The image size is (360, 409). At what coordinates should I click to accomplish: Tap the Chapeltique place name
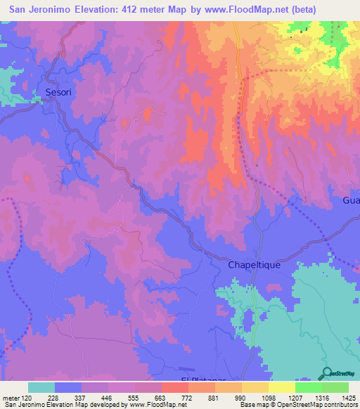click(254, 265)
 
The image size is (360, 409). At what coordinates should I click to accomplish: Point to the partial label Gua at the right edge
click(350, 201)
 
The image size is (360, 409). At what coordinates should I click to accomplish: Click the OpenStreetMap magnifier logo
click(326, 374)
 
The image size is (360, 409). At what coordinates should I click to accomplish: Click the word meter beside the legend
click(11, 397)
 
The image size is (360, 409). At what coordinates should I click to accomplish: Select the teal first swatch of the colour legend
click(41, 387)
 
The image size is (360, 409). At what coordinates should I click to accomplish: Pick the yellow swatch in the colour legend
click(282, 387)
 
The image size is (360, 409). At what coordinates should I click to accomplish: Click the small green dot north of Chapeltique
click(257, 166)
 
